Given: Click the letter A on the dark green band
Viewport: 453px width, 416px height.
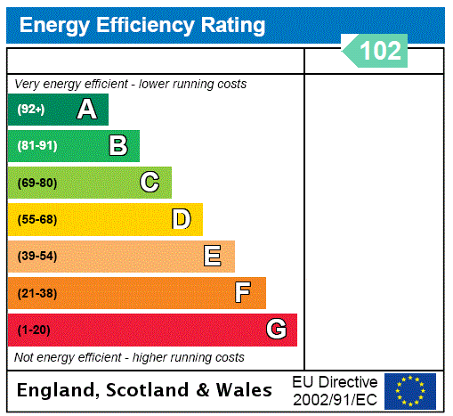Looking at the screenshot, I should click(x=86, y=110).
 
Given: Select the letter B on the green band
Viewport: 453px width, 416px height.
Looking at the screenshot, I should click(x=117, y=145).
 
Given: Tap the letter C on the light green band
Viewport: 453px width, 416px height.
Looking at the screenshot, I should click(x=150, y=183).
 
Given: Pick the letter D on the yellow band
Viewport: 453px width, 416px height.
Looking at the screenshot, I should click(x=181, y=219).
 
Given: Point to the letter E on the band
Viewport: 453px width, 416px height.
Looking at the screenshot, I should click(x=212, y=257).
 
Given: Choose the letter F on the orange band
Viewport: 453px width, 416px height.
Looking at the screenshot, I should click(x=243, y=293).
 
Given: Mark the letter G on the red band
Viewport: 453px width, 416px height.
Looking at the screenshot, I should click(x=276, y=330).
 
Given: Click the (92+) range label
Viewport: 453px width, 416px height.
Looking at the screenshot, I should click(x=31, y=110).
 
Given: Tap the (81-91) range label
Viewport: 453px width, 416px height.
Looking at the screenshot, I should click(x=36, y=146).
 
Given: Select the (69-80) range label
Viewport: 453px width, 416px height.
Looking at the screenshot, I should click(x=36, y=183).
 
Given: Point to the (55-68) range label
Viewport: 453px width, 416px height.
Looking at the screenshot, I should click(x=36, y=219).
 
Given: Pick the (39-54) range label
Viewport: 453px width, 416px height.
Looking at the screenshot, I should click(x=36, y=257).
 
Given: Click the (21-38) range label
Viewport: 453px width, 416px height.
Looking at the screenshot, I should click(x=36, y=293).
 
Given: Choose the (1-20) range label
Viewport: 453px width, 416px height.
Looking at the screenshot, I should click(x=34, y=330).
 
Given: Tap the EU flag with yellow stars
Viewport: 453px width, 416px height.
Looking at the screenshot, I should click(x=410, y=390).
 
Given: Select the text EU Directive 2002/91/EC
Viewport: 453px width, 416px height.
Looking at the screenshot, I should click(x=335, y=390).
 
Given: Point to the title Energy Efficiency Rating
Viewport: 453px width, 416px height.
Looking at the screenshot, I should click(x=142, y=26).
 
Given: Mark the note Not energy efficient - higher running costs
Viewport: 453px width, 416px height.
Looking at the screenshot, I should click(x=129, y=357).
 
